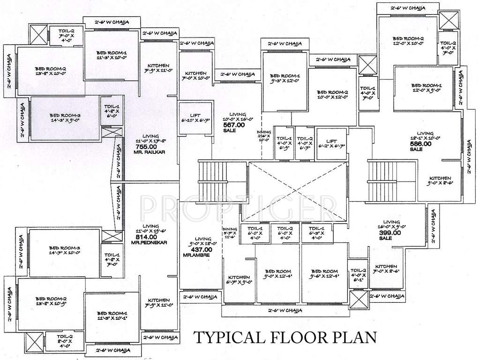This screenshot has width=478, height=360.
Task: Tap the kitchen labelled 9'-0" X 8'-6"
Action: [x=439, y=181]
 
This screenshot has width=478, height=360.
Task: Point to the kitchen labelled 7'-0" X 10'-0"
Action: [x=196, y=76]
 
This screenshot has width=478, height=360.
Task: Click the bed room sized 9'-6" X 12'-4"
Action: [x=323, y=274]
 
